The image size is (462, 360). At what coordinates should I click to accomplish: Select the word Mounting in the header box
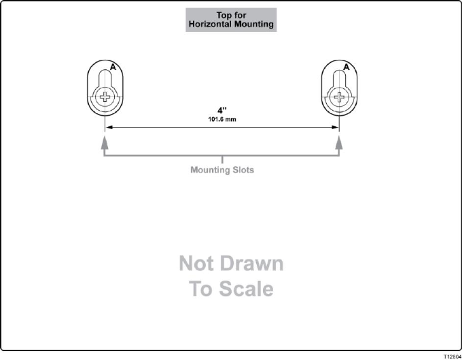pyautogui.click(x=254, y=24)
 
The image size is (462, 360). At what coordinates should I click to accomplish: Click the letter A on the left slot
pyautogui.click(x=113, y=67)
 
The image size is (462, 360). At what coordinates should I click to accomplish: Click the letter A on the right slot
pyautogui.click(x=346, y=67)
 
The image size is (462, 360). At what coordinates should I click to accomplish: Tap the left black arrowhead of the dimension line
pyautogui.click(x=107, y=127)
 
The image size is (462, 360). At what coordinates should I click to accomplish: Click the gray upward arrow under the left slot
pyautogui.click(x=104, y=142)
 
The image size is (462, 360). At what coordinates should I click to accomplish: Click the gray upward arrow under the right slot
pyautogui.click(x=339, y=142)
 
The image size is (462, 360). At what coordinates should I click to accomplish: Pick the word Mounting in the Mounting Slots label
pyautogui.click(x=209, y=170)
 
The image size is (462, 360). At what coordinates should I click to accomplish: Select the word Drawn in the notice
pyautogui.click(x=253, y=264)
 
